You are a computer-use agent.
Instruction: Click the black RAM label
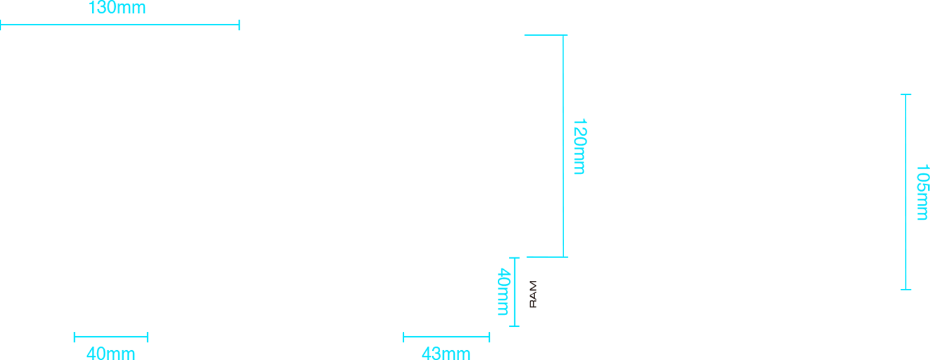pos(533,294)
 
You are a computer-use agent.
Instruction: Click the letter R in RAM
pos(533,303)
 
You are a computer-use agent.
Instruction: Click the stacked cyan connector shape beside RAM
pos(511,291)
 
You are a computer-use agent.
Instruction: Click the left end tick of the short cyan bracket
pos(403,334)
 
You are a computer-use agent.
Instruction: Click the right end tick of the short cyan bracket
pos(489,334)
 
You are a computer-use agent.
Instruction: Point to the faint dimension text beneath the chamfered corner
pos(109,353)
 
